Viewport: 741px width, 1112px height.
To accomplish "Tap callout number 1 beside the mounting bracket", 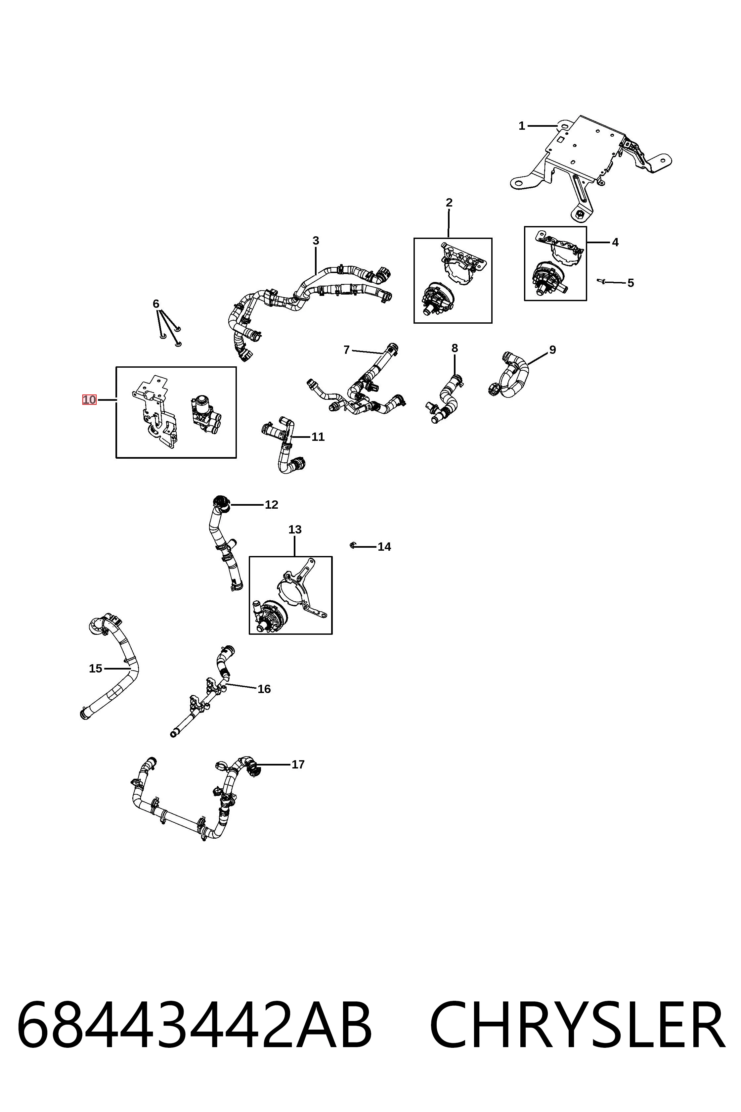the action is click(x=522, y=126).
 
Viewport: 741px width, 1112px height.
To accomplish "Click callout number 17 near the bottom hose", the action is click(x=298, y=764).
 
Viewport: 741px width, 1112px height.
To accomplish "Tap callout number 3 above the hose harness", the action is click(x=316, y=241).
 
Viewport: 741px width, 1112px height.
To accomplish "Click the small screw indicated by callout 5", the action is click(x=602, y=281).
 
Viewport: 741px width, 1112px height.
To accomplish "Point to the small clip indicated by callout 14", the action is click(x=353, y=546).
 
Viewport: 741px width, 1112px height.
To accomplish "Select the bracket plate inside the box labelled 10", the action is click(x=153, y=411).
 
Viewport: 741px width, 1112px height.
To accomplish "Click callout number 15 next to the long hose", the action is click(x=96, y=669).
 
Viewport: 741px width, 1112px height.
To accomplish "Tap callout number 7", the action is click(x=346, y=350).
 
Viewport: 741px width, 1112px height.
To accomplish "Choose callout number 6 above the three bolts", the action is click(x=156, y=304).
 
